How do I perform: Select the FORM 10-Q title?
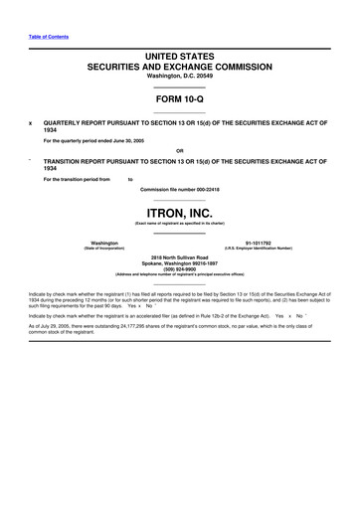click(180, 100)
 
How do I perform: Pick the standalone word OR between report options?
click(180, 151)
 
